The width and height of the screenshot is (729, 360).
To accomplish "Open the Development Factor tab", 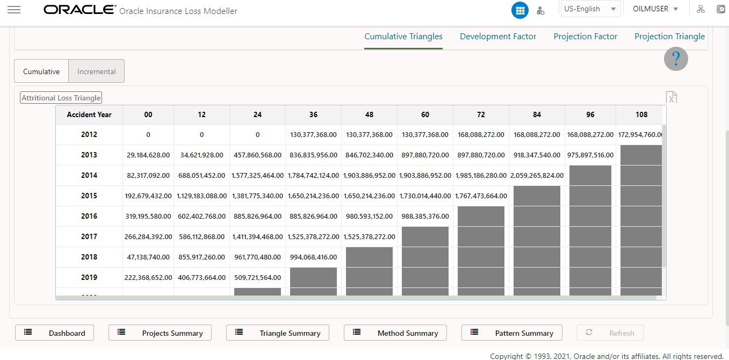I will (498, 37).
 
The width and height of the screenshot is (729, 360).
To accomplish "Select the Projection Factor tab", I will (585, 37).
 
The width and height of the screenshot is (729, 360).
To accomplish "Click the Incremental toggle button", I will (97, 71).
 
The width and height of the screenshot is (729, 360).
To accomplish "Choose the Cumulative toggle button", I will (41, 71).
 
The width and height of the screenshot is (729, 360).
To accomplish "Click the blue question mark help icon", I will (676, 59).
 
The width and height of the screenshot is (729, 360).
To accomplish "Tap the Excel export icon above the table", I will (671, 97).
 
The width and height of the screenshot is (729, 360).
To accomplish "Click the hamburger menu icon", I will (14, 10).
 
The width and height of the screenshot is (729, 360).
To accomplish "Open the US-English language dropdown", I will (590, 9).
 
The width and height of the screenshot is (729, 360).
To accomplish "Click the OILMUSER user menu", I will (655, 9).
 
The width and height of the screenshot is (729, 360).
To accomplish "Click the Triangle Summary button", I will (278, 333).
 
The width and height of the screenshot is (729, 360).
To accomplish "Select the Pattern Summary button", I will (512, 333).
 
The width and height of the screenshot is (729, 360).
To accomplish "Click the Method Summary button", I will (395, 333).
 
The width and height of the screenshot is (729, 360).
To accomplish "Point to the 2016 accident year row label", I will (89, 216).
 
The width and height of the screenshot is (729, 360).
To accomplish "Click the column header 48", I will (369, 114).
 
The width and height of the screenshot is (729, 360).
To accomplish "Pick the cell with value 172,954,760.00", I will (640, 135).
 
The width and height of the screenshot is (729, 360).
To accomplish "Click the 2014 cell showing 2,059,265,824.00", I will (537, 175).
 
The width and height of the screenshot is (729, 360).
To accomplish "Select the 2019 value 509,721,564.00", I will (257, 277).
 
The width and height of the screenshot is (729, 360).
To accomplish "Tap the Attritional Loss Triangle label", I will (61, 98).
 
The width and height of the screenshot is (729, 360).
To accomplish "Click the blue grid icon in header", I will (519, 10).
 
